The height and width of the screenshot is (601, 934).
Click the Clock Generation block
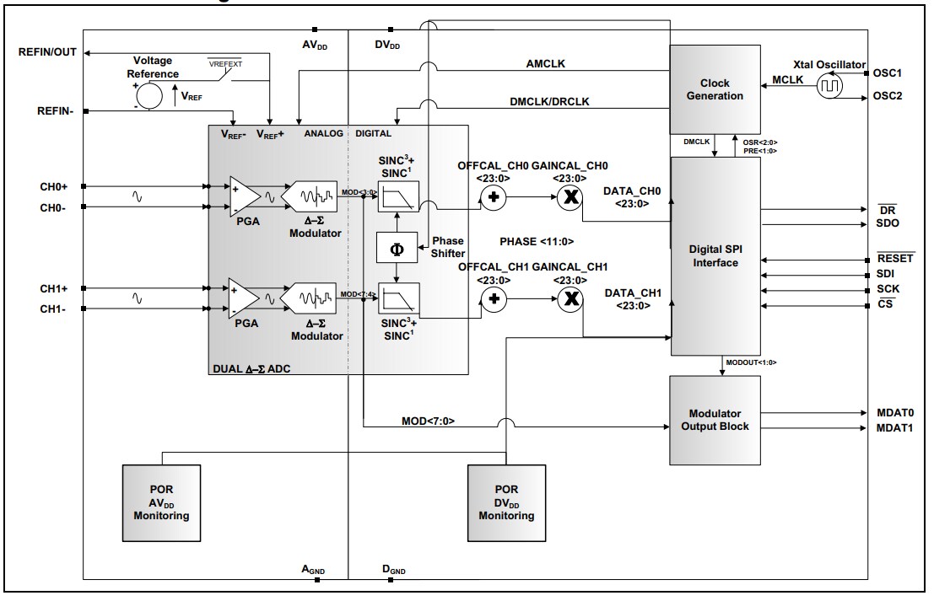point(714,89)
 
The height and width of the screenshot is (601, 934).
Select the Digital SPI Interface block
point(714,256)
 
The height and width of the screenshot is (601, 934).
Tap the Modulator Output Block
point(714,420)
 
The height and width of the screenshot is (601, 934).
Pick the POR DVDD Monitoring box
point(505,502)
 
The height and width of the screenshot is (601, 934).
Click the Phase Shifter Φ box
point(397,249)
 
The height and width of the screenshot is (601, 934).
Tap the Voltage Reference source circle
point(149,97)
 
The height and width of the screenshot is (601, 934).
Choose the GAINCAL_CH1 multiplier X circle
point(571,298)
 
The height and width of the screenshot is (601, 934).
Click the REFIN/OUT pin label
point(47,52)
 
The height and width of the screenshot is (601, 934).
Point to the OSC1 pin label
point(888,73)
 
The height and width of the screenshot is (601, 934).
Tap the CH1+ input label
point(55,288)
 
